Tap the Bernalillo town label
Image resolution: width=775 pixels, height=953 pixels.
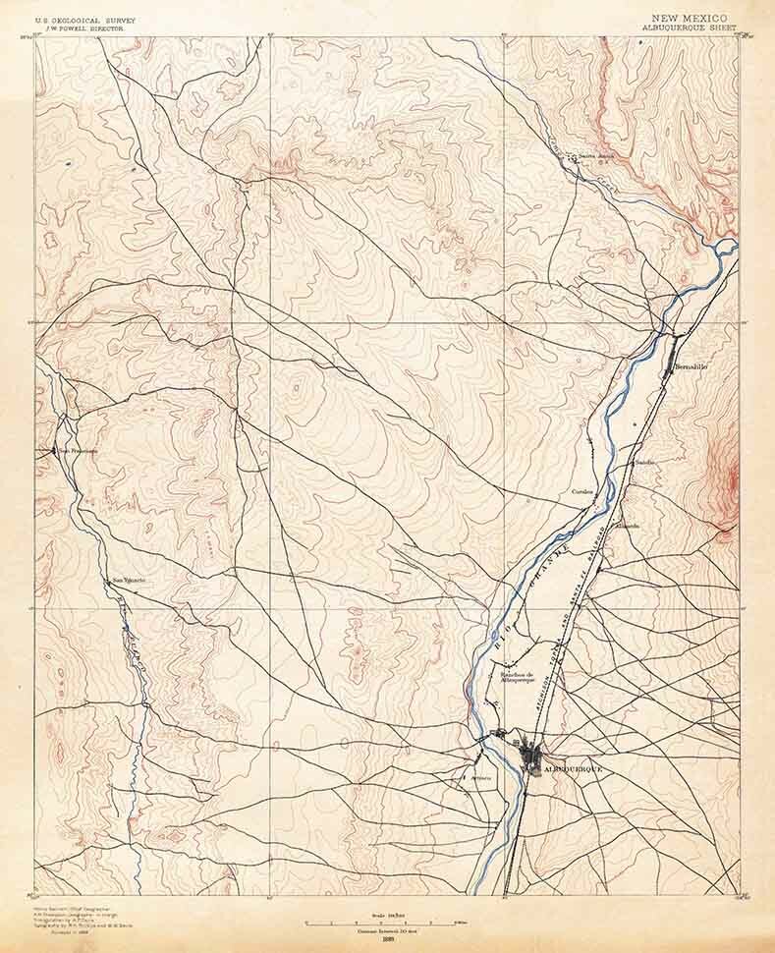point(692,366)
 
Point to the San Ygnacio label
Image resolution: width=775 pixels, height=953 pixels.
point(129,580)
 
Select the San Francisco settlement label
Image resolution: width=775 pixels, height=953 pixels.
point(78,451)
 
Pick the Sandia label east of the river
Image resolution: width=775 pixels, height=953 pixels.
point(644,462)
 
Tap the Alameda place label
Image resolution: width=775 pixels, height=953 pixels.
point(627,526)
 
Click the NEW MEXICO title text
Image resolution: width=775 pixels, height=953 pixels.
point(689,19)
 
